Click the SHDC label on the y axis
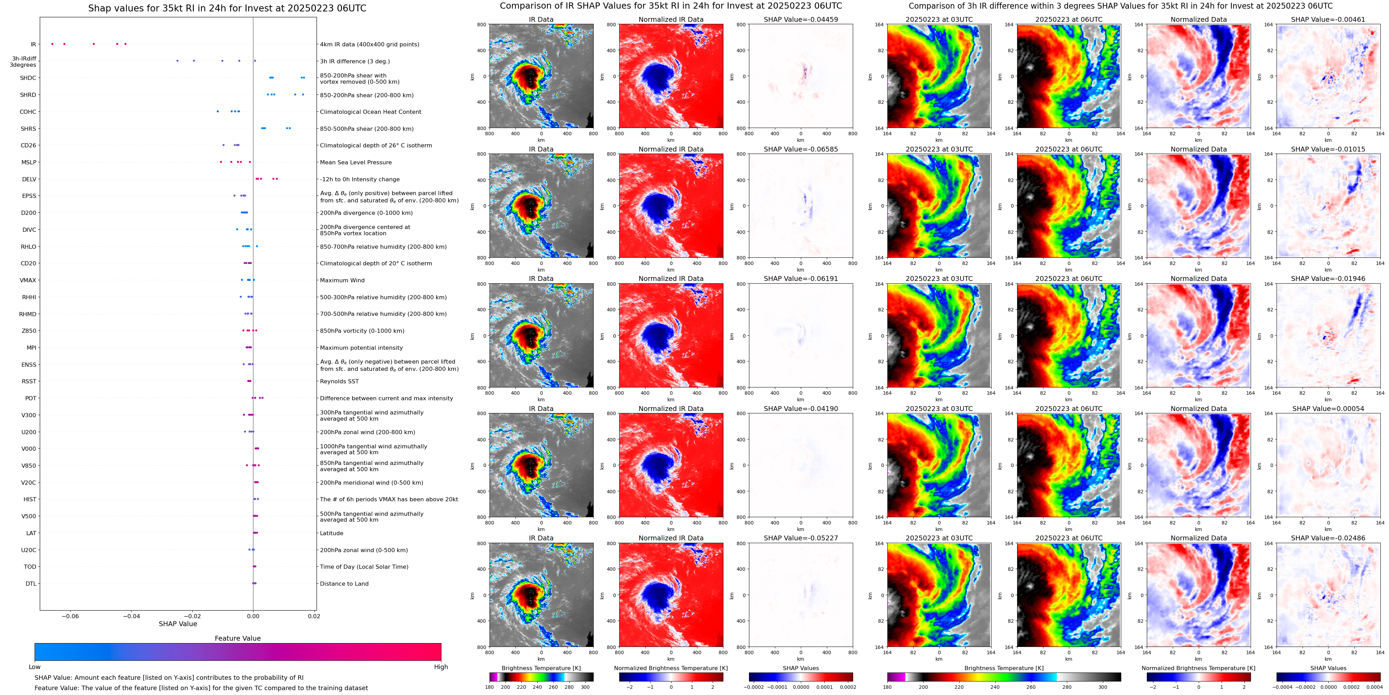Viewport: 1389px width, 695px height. (x=28, y=78)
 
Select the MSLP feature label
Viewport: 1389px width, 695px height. (x=29, y=162)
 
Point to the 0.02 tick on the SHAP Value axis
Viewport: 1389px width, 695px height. (x=314, y=616)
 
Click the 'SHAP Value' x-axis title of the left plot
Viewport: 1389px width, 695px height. (x=177, y=624)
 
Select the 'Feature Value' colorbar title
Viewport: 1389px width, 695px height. (x=237, y=638)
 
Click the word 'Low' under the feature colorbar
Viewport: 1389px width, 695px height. (x=35, y=667)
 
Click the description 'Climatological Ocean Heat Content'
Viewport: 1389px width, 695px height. (x=371, y=112)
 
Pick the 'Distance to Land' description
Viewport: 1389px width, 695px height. (x=344, y=584)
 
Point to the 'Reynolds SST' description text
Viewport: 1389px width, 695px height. (x=339, y=382)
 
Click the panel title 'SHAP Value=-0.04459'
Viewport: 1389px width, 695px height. (x=801, y=19)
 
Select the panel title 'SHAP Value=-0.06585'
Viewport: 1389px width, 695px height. (x=801, y=149)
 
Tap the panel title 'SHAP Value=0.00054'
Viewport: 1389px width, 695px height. (x=1328, y=409)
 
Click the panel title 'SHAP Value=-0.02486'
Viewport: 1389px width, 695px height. (x=1328, y=538)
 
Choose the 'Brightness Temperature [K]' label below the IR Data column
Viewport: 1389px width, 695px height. (x=541, y=668)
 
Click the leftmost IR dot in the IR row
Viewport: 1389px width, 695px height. (x=52, y=44)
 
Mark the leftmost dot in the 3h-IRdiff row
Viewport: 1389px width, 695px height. (x=177, y=61)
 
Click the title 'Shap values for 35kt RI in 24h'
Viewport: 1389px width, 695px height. (x=227, y=8)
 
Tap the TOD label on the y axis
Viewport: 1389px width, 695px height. (x=30, y=567)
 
